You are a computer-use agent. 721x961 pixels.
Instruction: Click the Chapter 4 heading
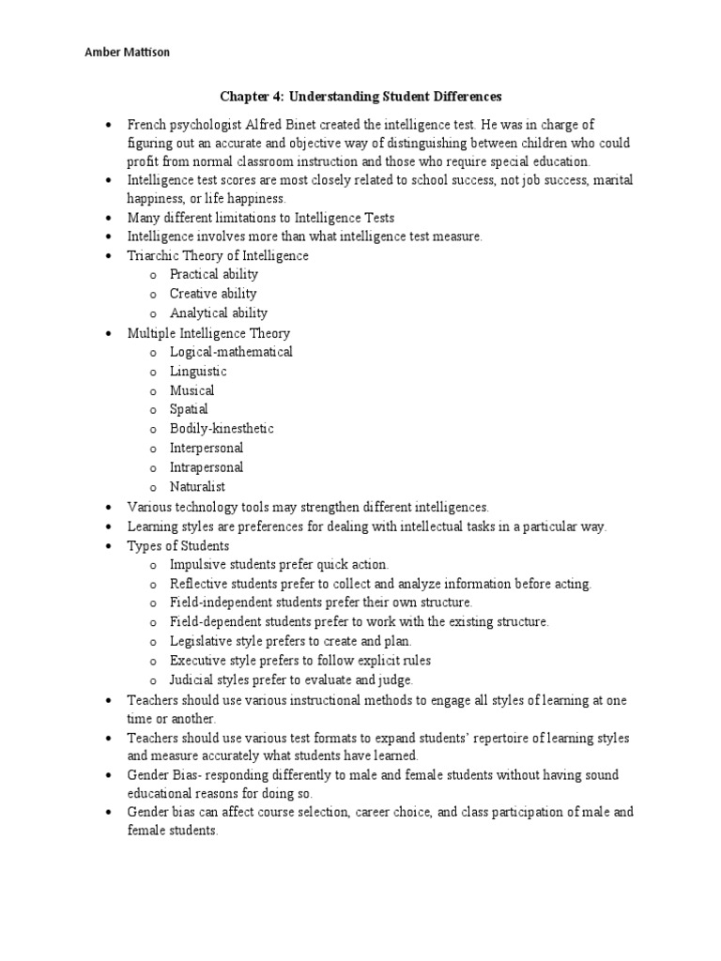[x=361, y=96]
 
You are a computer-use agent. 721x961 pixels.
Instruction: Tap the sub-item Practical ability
[x=213, y=274]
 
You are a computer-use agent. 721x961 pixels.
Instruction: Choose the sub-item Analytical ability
[x=218, y=313]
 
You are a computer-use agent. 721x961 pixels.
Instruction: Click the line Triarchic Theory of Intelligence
[x=218, y=255]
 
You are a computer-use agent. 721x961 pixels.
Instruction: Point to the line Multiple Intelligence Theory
[x=208, y=332]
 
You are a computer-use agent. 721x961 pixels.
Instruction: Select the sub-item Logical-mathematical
[x=231, y=352]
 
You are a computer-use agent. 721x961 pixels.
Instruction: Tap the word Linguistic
[x=198, y=371]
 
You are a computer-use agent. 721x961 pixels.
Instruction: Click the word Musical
[x=192, y=390]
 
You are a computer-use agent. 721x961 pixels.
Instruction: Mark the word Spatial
[x=189, y=409]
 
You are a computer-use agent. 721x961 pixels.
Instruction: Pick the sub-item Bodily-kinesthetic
[x=222, y=429]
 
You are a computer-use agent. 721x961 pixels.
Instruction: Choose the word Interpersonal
[x=206, y=448]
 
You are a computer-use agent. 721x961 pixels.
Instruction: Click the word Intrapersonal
[x=206, y=467]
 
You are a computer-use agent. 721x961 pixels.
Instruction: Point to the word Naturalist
[x=197, y=486]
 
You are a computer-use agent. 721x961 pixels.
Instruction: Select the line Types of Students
[x=178, y=545]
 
